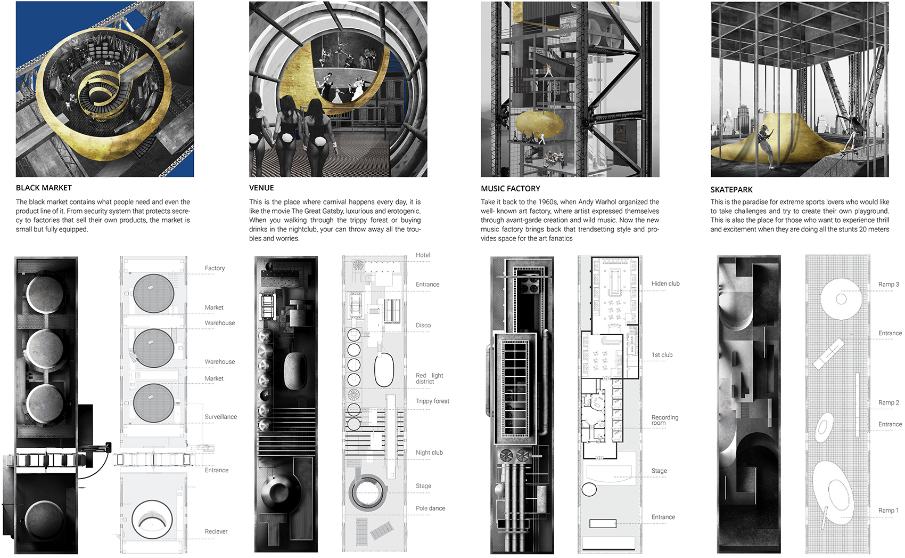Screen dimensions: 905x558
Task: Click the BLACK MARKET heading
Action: (44, 188)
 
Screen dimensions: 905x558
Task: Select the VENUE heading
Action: (261, 188)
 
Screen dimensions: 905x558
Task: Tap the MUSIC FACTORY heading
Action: (511, 189)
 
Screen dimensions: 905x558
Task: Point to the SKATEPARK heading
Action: (731, 190)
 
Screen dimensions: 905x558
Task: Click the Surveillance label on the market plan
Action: (220, 416)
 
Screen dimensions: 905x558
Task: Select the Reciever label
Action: (216, 531)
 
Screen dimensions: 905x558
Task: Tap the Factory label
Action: (215, 268)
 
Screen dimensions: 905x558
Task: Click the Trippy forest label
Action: (432, 401)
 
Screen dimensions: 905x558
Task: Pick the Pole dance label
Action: (430, 508)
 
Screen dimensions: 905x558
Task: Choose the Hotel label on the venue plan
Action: (423, 255)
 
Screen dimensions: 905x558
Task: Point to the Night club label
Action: (429, 452)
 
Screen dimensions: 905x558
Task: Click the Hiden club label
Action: (665, 284)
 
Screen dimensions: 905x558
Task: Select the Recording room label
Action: (664, 420)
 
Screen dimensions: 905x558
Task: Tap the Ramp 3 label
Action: (888, 284)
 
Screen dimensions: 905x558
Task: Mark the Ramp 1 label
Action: (888, 510)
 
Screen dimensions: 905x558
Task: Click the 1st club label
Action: (662, 355)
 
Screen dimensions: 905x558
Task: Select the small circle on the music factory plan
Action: (589, 489)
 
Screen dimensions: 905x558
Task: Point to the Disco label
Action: (423, 325)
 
